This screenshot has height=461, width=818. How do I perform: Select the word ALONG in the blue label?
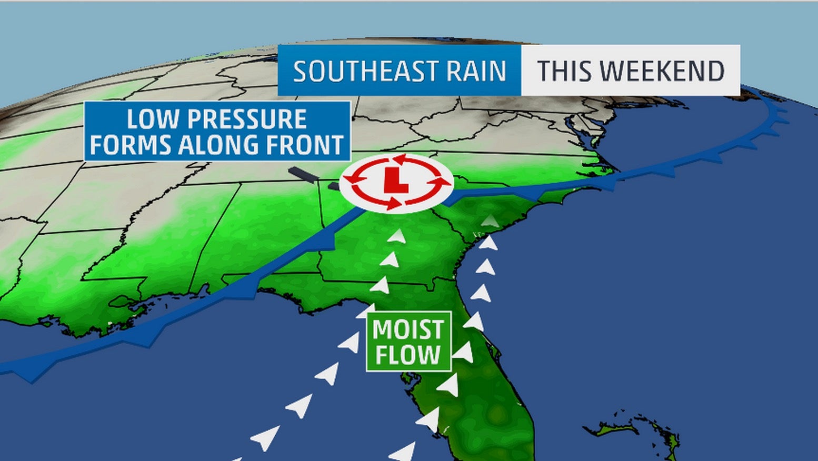(x=218, y=145)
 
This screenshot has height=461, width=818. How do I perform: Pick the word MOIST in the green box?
(x=408, y=330)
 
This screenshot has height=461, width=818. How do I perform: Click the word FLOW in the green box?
(x=408, y=355)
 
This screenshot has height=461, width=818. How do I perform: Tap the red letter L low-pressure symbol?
(x=395, y=181)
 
